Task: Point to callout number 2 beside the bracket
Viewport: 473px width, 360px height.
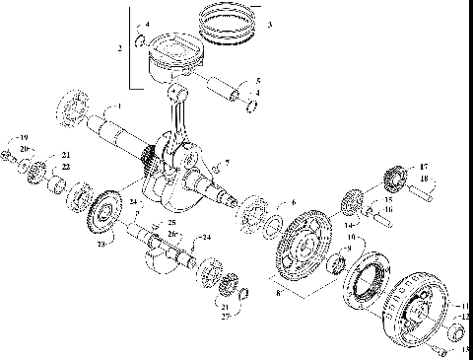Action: [120, 47]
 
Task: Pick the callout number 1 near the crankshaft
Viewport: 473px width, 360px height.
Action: [119, 106]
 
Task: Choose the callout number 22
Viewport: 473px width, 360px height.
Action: [67, 167]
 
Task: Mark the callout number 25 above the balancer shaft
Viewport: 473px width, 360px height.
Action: [171, 224]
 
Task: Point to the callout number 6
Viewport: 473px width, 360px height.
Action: [293, 202]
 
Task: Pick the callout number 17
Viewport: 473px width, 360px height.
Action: [425, 167]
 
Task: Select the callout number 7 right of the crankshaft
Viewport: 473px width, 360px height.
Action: [228, 162]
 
